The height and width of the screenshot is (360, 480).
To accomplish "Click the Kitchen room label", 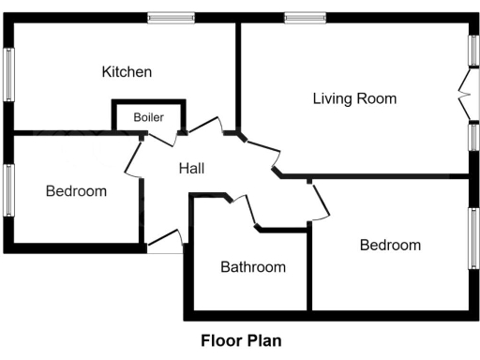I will coord(127,72).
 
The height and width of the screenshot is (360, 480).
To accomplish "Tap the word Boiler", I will coord(148,117).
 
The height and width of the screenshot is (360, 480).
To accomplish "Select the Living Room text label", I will coord(354,97).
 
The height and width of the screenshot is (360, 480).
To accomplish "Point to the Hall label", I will coord(191,168).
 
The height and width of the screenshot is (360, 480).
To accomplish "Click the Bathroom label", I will coord(252,267).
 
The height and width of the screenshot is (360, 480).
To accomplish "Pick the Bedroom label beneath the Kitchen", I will coord(76,191).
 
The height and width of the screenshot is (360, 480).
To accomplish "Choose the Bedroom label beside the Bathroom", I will coord(390,245).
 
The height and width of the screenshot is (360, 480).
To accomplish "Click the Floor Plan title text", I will coord(241,341).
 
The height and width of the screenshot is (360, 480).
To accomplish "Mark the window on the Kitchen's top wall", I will coord(171,17).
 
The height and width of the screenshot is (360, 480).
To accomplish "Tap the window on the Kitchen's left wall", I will coord(9,74).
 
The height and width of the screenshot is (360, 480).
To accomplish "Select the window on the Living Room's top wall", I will coord(306,17).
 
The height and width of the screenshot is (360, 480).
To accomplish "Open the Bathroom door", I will coord(245,210).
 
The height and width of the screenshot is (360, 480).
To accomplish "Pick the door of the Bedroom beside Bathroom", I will coord(320,201).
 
